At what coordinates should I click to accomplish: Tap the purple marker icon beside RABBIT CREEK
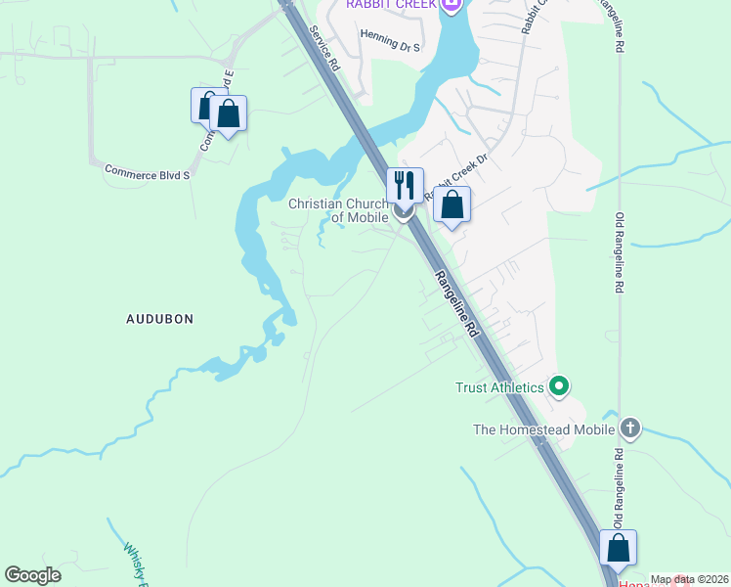point(451,6)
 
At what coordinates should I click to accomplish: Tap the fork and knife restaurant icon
point(405,184)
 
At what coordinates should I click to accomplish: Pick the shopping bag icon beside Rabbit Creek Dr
point(451,204)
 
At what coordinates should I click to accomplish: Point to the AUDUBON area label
point(160,319)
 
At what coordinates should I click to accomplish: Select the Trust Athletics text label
point(499,387)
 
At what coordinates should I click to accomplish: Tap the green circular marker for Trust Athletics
point(559,387)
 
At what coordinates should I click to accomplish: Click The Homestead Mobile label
point(543,429)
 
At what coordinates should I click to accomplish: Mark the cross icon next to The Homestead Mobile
point(630,429)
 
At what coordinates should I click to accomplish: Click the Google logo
point(32,575)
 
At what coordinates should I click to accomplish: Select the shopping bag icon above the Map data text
point(618,549)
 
